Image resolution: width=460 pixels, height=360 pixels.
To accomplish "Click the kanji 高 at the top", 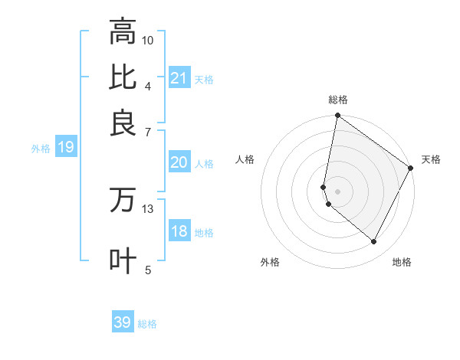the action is [x=123, y=32].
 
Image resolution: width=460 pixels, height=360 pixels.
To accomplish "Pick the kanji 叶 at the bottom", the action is [x=123, y=260].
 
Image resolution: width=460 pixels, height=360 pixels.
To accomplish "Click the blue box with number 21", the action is [x=179, y=78].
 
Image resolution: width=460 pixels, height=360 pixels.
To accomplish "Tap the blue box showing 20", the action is [x=179, y=162].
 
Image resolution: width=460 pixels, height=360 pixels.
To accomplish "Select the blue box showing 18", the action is [x=179, y=231].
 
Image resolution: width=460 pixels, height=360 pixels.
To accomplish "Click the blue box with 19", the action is [x=66, y=148].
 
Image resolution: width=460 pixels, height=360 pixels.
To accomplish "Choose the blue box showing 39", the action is [x=123, y=322].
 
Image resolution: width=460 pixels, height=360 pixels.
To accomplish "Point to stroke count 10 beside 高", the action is [x=148, y=40].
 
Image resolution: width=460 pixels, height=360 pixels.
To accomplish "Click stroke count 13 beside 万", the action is [x=148, y=208].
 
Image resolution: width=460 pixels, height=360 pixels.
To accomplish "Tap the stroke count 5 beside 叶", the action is [x=148, y=270].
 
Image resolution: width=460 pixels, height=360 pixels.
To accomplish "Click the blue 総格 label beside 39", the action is [x=147, y=324].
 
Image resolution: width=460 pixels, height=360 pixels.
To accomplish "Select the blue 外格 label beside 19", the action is [x=41, y=149].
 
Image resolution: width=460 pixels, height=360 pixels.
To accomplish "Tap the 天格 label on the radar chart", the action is [x=431, y=159].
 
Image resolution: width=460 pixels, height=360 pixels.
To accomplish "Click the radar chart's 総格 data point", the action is [x=337, y=116].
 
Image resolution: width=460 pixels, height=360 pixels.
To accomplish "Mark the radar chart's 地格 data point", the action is [x=374, y=242].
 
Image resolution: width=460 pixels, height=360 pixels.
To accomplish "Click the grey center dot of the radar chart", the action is [x=337, y=191].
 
